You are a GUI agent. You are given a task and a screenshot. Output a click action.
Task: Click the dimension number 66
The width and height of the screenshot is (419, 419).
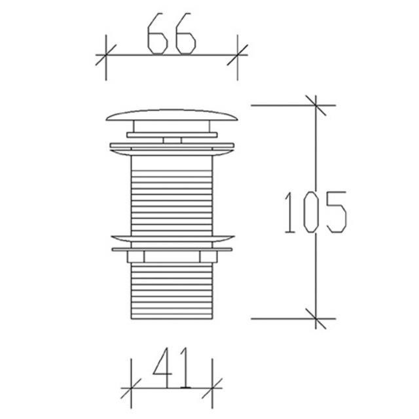click(172, 33)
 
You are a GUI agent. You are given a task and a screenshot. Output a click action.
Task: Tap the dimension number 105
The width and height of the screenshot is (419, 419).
click(316, 212)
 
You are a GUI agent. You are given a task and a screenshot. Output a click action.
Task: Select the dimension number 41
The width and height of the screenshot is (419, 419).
click(171, 367)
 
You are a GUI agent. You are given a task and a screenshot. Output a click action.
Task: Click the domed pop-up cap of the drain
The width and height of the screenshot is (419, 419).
click(172, 115)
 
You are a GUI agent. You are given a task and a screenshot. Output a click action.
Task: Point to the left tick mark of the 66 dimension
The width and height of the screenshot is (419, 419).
click(106, 55)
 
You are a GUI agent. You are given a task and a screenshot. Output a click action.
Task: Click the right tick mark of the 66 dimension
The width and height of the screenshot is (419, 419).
click(238, 55)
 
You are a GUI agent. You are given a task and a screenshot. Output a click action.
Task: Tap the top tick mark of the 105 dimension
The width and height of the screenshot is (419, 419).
click(316, 105)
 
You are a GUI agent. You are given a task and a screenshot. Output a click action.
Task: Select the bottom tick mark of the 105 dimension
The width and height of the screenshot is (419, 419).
click(316, 319)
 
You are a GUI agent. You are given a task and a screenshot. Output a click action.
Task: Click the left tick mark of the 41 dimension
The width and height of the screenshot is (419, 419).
click(131, 388)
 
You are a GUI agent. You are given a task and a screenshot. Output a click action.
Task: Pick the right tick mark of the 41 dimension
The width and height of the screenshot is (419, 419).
click(212, 388)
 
